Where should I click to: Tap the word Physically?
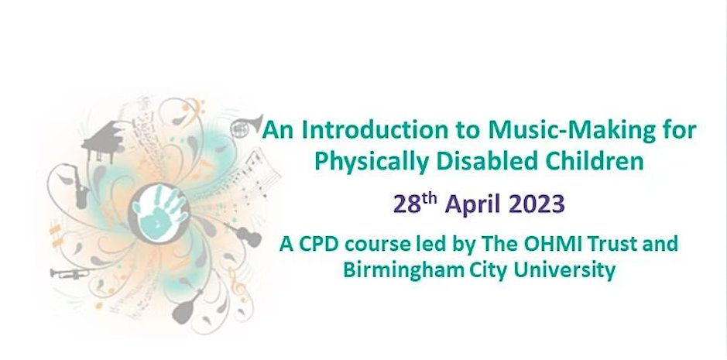(x=353, y=162)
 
